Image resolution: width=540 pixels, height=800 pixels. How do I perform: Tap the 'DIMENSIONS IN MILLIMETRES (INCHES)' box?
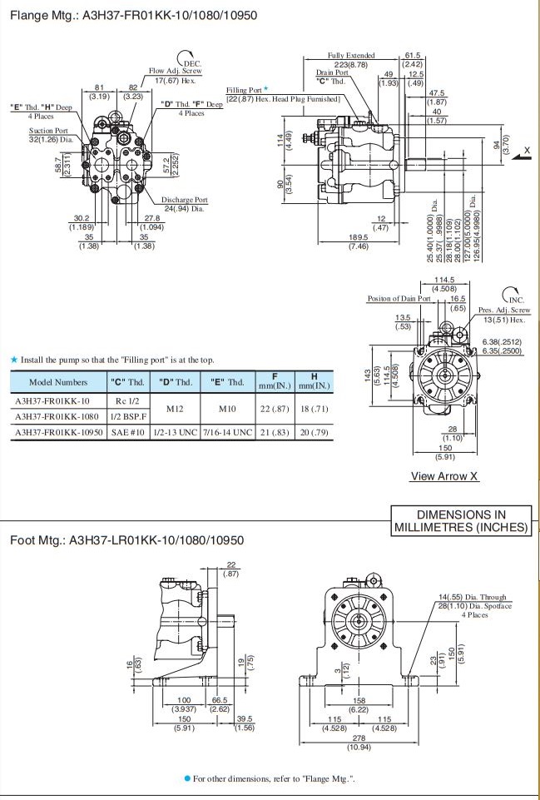pyautogui.click(x=461, y=521)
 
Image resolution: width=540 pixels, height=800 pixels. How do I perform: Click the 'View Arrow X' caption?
pyautogui.click(x=444, y=477)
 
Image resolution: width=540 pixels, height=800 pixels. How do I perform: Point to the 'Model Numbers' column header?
pyautogui.click(x=57, y=382)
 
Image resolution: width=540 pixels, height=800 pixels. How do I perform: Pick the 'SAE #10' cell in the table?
pyautogui.click(x=127, y=433)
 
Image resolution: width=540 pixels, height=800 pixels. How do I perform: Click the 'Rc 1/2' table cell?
pyautogui.click(x=127, y=400)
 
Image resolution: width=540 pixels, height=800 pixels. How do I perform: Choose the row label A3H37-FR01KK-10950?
pyautogui.click(x=58, y=433)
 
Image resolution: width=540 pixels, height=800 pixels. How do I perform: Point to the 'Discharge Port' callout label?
pyautogui.click(x=185, y=200)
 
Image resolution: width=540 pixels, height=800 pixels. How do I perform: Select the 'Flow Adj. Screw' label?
pyautogui.click(x=176, y=72)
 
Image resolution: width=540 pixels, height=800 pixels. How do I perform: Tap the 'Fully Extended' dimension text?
pyautogui.click(x=351, y=56)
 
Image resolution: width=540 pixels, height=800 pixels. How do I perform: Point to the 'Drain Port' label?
pyautogui.click(x=332, y=72)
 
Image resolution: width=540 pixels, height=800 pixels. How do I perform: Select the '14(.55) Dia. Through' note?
pyautogui.click(x=473, y=598)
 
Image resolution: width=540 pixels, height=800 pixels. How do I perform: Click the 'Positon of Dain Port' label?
pyautogui.click(x=399, y=298)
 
